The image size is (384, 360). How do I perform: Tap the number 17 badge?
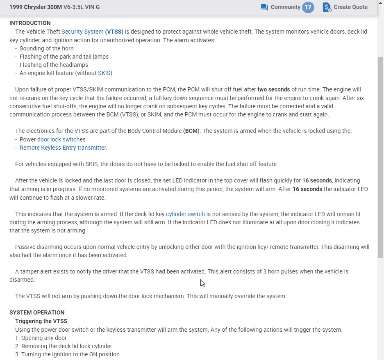click(308, 7)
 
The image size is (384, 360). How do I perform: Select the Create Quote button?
click(345, 7)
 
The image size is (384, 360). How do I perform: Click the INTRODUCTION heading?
click(30, 23)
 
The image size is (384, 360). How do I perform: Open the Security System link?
click(82, 32)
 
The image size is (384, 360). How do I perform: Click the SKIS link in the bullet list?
click(104, 73)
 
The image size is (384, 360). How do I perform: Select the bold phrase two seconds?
click(274, 89)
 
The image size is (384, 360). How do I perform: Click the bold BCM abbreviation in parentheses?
click(191, 131)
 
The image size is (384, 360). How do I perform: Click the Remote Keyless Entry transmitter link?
click(63, 148)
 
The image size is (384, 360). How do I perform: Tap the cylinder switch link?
click(185, 214)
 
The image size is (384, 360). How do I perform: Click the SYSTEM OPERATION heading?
click(37, 312)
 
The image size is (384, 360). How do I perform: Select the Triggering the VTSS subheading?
click(41, 321)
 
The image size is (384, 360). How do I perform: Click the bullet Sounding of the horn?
click(46, 48)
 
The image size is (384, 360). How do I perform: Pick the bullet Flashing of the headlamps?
click(54, 65)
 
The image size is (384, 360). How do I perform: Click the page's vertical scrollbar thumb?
click(380, 156)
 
